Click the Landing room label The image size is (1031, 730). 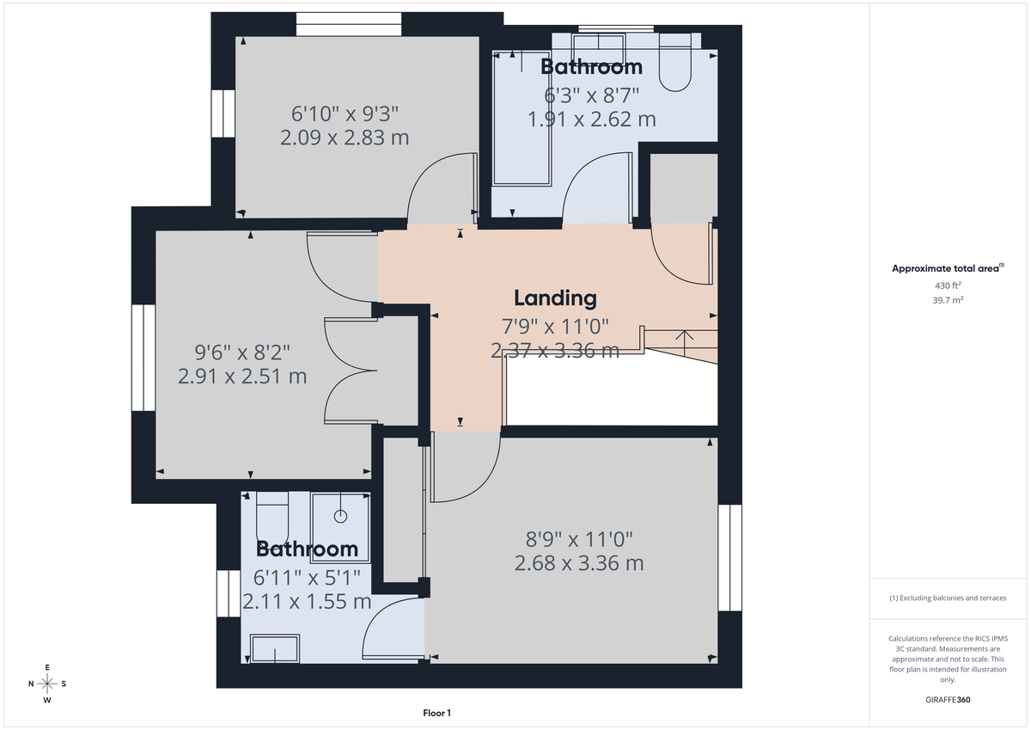coord(555,298)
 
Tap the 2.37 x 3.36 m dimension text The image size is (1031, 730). coord(555,350)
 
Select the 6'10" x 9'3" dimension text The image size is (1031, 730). coord(345,113)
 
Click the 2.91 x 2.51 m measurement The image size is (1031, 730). coord(242,376)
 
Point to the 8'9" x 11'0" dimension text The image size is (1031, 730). coord(579,539)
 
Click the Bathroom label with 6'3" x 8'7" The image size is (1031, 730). coord(591,67)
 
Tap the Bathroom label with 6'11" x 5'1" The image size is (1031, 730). coord(307,549)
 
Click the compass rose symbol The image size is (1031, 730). coord(47,684)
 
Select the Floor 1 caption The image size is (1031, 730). coord(436,713)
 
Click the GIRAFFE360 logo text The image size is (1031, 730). coord(948,700)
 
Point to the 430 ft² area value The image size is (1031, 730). coord(948,285)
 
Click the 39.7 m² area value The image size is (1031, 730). coord(948,300)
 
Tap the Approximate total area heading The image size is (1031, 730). coord(948,268)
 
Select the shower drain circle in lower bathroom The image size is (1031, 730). coord(340,517)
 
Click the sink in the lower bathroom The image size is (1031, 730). coord(274,648)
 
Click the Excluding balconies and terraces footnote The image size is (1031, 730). coord(948,598)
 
